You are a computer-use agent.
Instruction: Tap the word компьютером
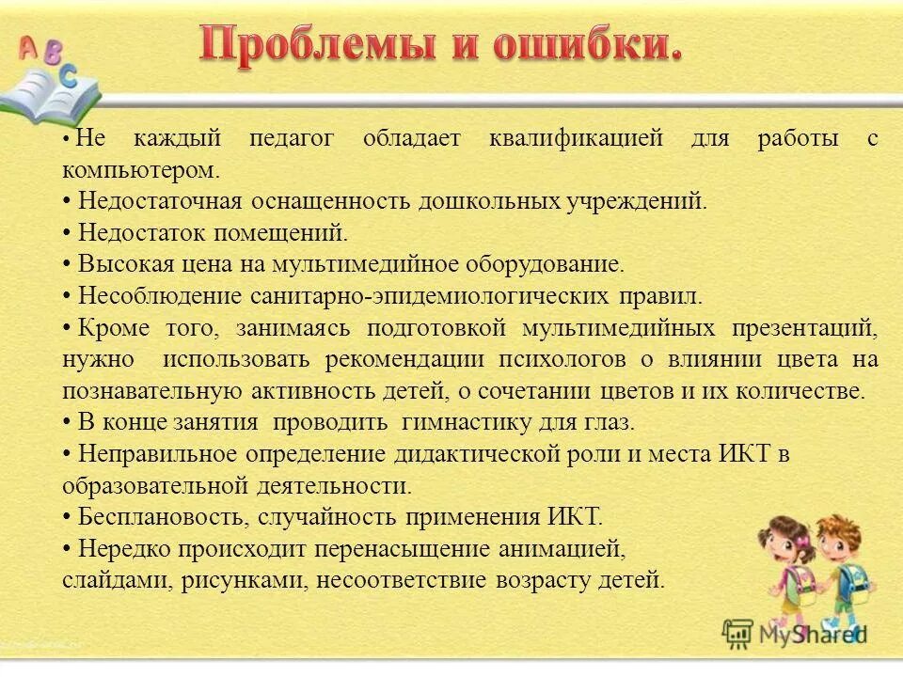140,171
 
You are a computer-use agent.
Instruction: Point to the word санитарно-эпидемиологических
429,296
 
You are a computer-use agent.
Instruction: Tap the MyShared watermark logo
796,633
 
